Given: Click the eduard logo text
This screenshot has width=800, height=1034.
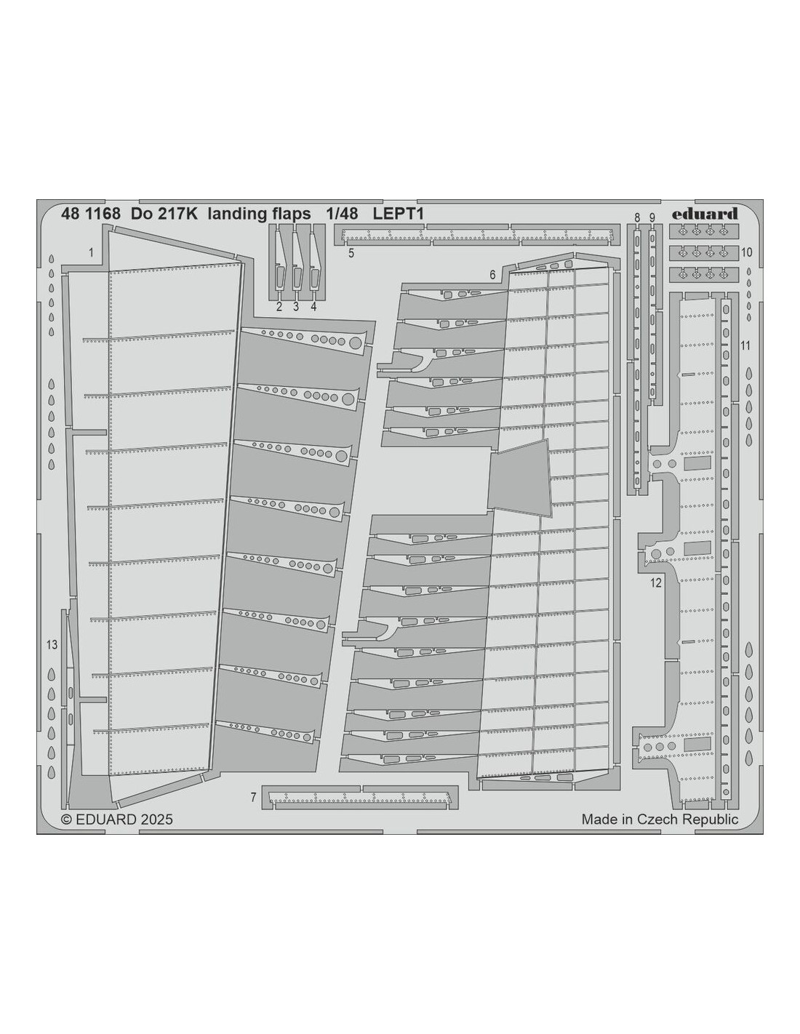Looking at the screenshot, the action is coord(704,214).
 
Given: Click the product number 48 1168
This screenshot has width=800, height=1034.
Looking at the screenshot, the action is coord(90,214).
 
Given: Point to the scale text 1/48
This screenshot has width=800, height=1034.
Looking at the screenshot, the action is coord(342,214).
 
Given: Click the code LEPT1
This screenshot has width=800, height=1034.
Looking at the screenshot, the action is coord(398,214).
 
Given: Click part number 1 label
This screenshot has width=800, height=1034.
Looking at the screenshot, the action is coord(92,252).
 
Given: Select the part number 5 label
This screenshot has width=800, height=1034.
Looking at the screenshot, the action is coord(351,253).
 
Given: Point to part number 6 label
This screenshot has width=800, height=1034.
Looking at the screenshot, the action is coord(492,275).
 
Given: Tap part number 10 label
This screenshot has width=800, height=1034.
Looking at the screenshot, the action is coord(746,252).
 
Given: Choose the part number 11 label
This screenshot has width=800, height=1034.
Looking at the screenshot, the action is coord(745,345).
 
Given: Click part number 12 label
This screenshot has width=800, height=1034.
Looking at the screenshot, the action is coord(656,582).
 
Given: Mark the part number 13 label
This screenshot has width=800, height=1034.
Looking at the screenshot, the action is coord(52,645).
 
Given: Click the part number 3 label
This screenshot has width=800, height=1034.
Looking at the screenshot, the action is coord(295,307).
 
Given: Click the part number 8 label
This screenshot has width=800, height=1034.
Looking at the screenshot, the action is coord(637,217).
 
